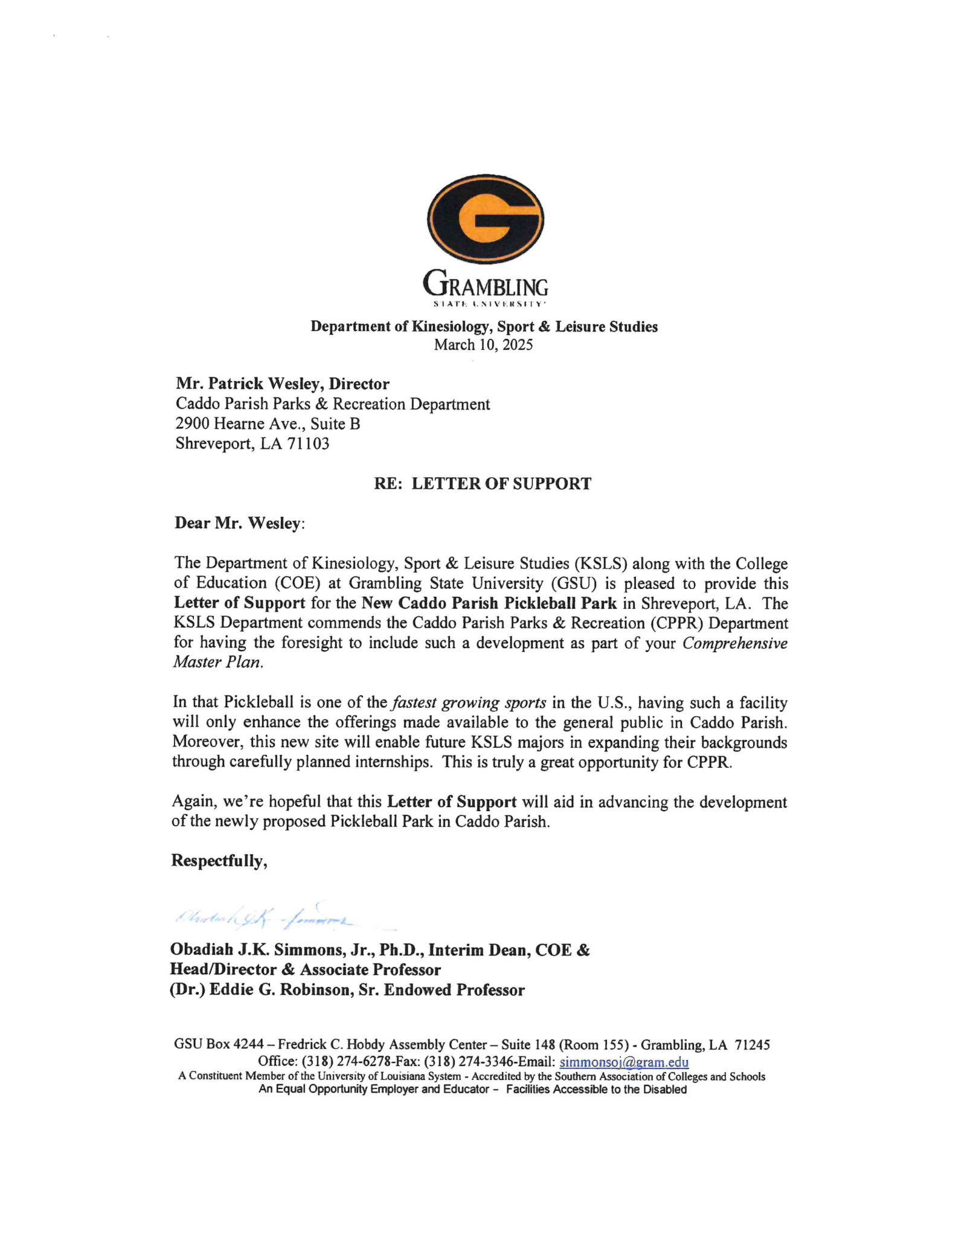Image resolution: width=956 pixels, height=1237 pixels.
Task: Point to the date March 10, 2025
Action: [484, 345]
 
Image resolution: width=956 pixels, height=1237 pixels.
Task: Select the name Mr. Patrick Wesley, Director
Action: [282, 384]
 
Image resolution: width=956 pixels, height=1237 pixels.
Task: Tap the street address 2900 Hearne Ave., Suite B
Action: [268, 424]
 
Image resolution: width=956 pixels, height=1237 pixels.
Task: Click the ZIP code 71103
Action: [309, 444]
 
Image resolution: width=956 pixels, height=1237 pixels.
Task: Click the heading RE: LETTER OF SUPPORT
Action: [483, 484]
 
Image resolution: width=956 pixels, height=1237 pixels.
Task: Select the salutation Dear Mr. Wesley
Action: [239, 523]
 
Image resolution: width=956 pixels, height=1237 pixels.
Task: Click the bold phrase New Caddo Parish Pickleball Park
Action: [489, 603]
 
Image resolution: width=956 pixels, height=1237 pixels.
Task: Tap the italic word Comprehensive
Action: [734, 643]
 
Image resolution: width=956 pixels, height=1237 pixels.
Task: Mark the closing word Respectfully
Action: [219, 861]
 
